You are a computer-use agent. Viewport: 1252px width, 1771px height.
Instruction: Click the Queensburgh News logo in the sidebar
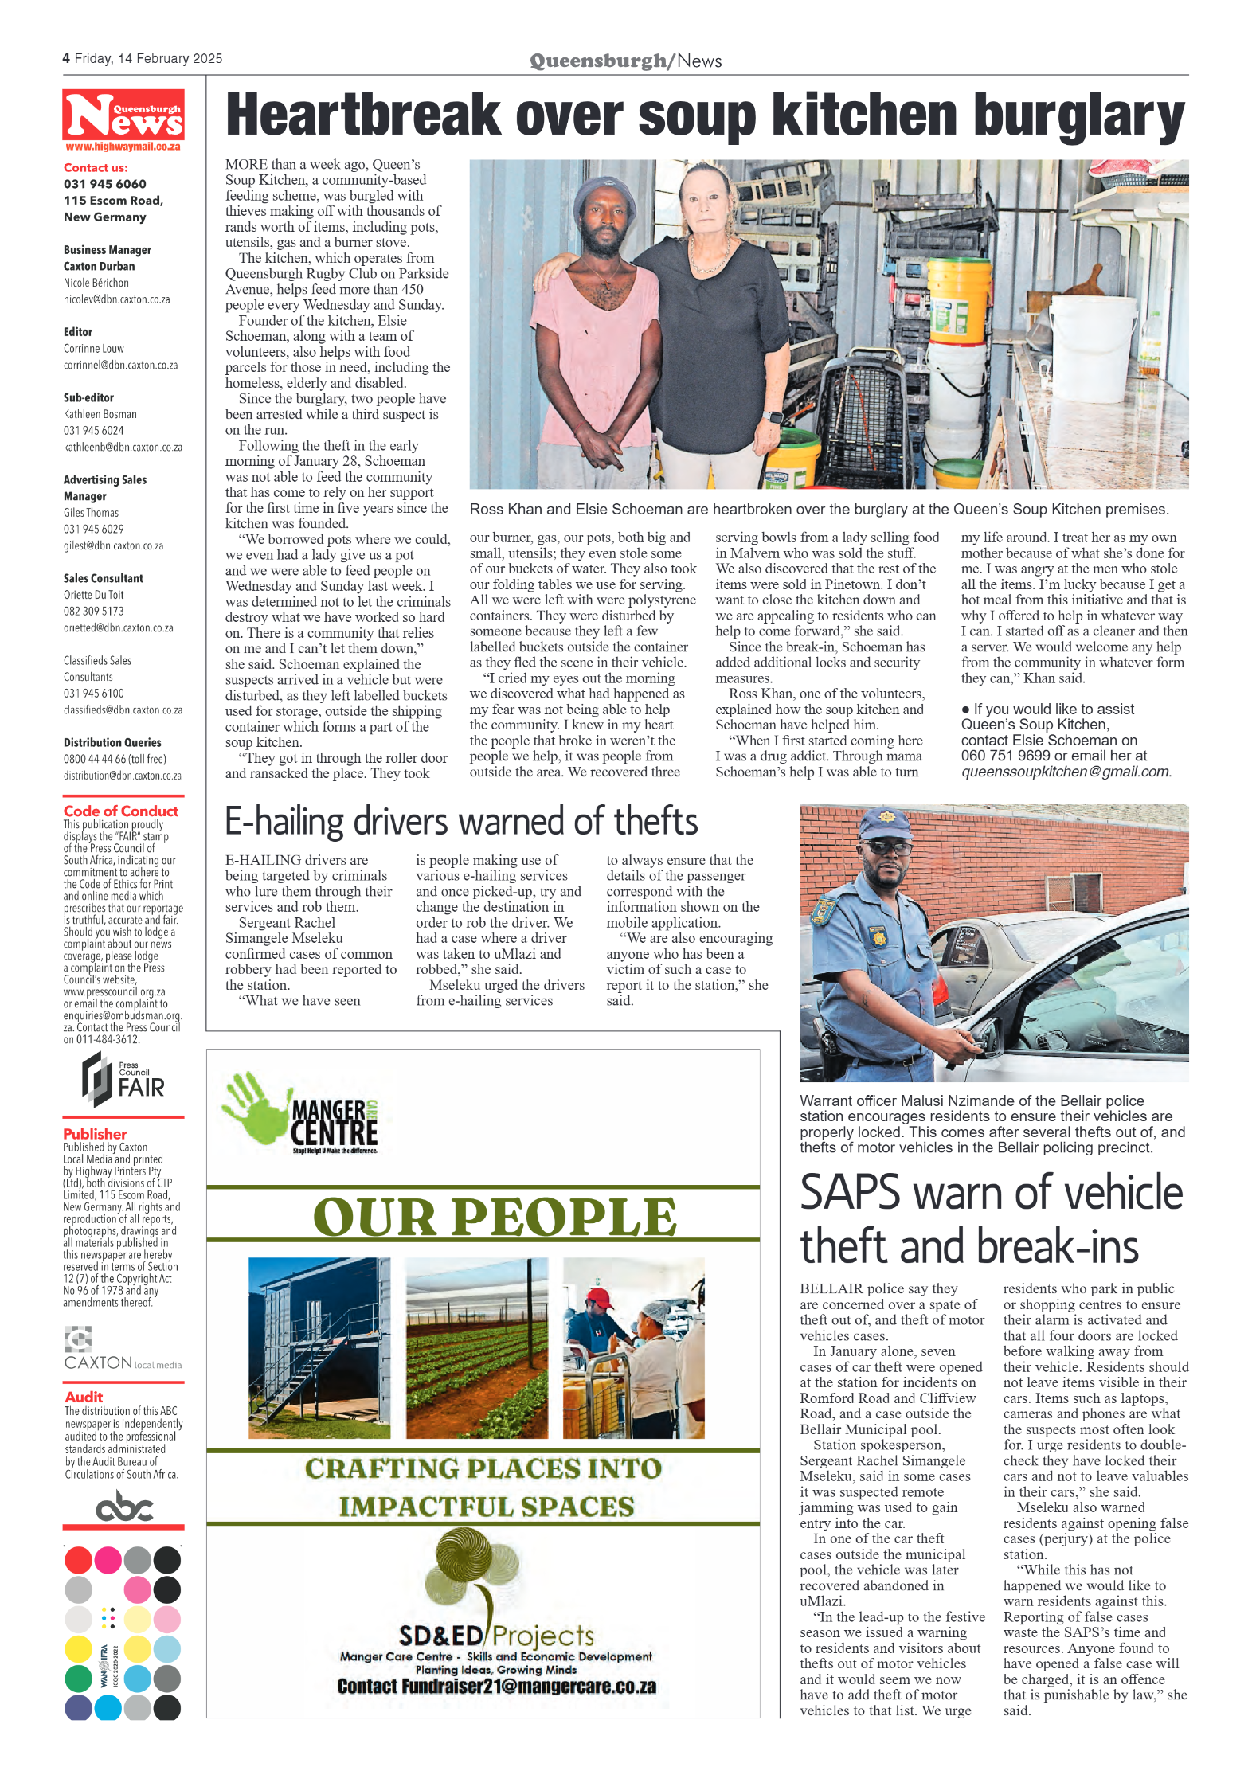[123, 115]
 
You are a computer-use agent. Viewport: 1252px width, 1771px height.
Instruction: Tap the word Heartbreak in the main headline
[362, 116]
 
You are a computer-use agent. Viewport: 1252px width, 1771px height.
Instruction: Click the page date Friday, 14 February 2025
[148, 59]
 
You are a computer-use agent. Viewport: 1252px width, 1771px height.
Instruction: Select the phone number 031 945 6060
[105, 184]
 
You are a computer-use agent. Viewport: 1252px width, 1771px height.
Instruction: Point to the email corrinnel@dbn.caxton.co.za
[120, 366]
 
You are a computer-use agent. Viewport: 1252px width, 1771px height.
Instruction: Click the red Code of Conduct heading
[120, 811]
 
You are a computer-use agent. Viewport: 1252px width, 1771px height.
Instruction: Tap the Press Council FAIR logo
[123, 1081]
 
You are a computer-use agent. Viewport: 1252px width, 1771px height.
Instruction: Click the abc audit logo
[123, 1507]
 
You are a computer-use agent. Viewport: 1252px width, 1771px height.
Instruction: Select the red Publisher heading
[95, 1133]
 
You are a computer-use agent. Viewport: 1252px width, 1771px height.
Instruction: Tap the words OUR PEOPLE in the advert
[495, 1217]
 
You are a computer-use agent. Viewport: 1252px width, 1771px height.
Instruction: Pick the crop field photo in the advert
[476, 1347]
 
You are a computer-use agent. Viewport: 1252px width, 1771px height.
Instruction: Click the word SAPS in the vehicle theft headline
[849, 1194]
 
